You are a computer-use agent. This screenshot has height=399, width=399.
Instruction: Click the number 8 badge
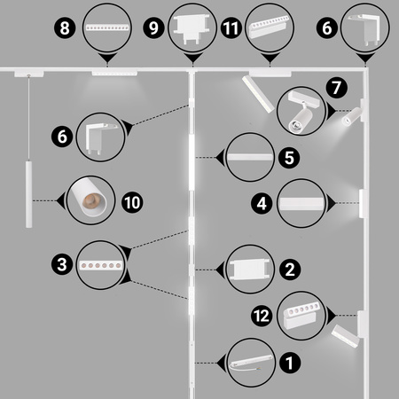point(65,28)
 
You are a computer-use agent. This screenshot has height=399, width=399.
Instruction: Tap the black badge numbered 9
point(153,28)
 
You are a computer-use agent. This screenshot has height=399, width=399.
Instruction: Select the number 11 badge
point(231,28)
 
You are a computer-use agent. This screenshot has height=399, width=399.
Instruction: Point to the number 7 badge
point(337,88)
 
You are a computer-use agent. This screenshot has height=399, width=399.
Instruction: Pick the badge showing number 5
point(289,158)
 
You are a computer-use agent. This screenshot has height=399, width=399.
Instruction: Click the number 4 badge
point(262,204)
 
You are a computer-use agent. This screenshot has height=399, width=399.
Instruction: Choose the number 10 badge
point(132,203)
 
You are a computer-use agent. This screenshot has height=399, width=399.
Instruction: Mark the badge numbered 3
point(62,264)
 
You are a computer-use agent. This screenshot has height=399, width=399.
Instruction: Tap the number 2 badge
point(290,270)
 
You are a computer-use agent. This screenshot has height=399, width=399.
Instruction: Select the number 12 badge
point(262,316)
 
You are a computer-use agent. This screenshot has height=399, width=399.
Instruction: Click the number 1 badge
point(290,363)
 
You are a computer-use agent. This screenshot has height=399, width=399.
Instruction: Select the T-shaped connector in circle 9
point(192,29)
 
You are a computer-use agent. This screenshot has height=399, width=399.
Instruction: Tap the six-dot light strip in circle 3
point(101,265)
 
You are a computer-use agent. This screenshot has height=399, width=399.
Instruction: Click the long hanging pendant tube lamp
point(28,194)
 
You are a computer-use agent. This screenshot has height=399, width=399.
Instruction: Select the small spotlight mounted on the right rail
point(352,116)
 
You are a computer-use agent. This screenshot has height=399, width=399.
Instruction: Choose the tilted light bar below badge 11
point(258,94)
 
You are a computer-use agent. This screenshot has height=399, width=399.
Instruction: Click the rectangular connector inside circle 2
point(250,270)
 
